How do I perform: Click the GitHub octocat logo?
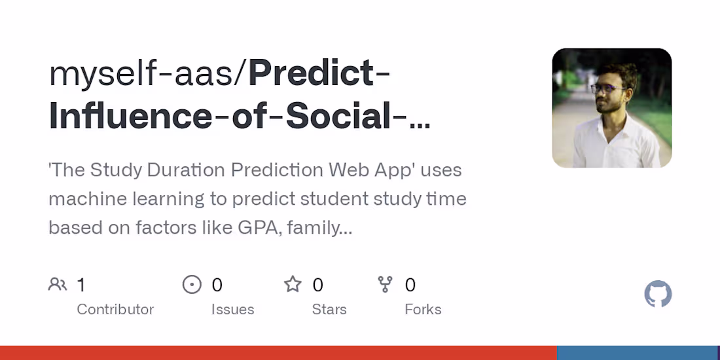coord(658,295)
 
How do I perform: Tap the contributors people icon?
coord(58,285)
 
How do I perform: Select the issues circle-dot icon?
coord(192,285)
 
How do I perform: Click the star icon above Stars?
coord(293,285)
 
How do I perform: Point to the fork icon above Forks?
coord(386,285)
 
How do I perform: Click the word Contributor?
coord(115,310)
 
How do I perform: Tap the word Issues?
coord(232,310)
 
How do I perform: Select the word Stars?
coord(329,310)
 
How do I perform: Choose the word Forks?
coord(423,310)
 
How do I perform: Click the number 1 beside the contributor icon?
coord(81,285)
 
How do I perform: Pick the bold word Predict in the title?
coord(310,74)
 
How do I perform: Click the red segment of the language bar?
coord(278,353)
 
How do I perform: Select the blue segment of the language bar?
coord(637,353)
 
